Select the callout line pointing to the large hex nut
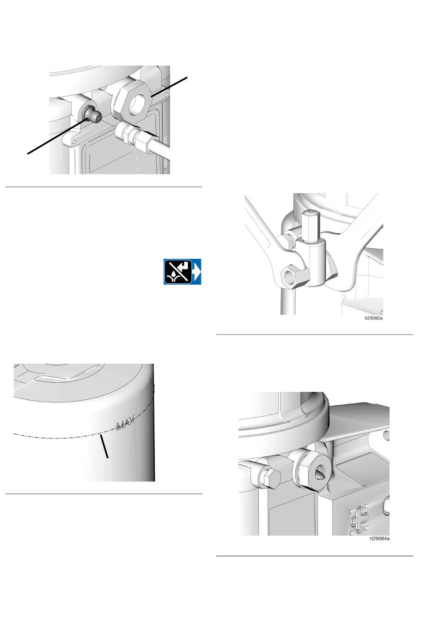[x=169, y=87]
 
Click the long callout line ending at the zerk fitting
[x=57, y=137]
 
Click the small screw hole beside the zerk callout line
[x=74, y=141]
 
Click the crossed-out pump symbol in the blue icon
[x=178, y=272]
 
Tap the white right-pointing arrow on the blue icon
[x=197, y=272]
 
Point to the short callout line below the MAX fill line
[x=104, y=446]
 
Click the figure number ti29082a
[x=373, y=318]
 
